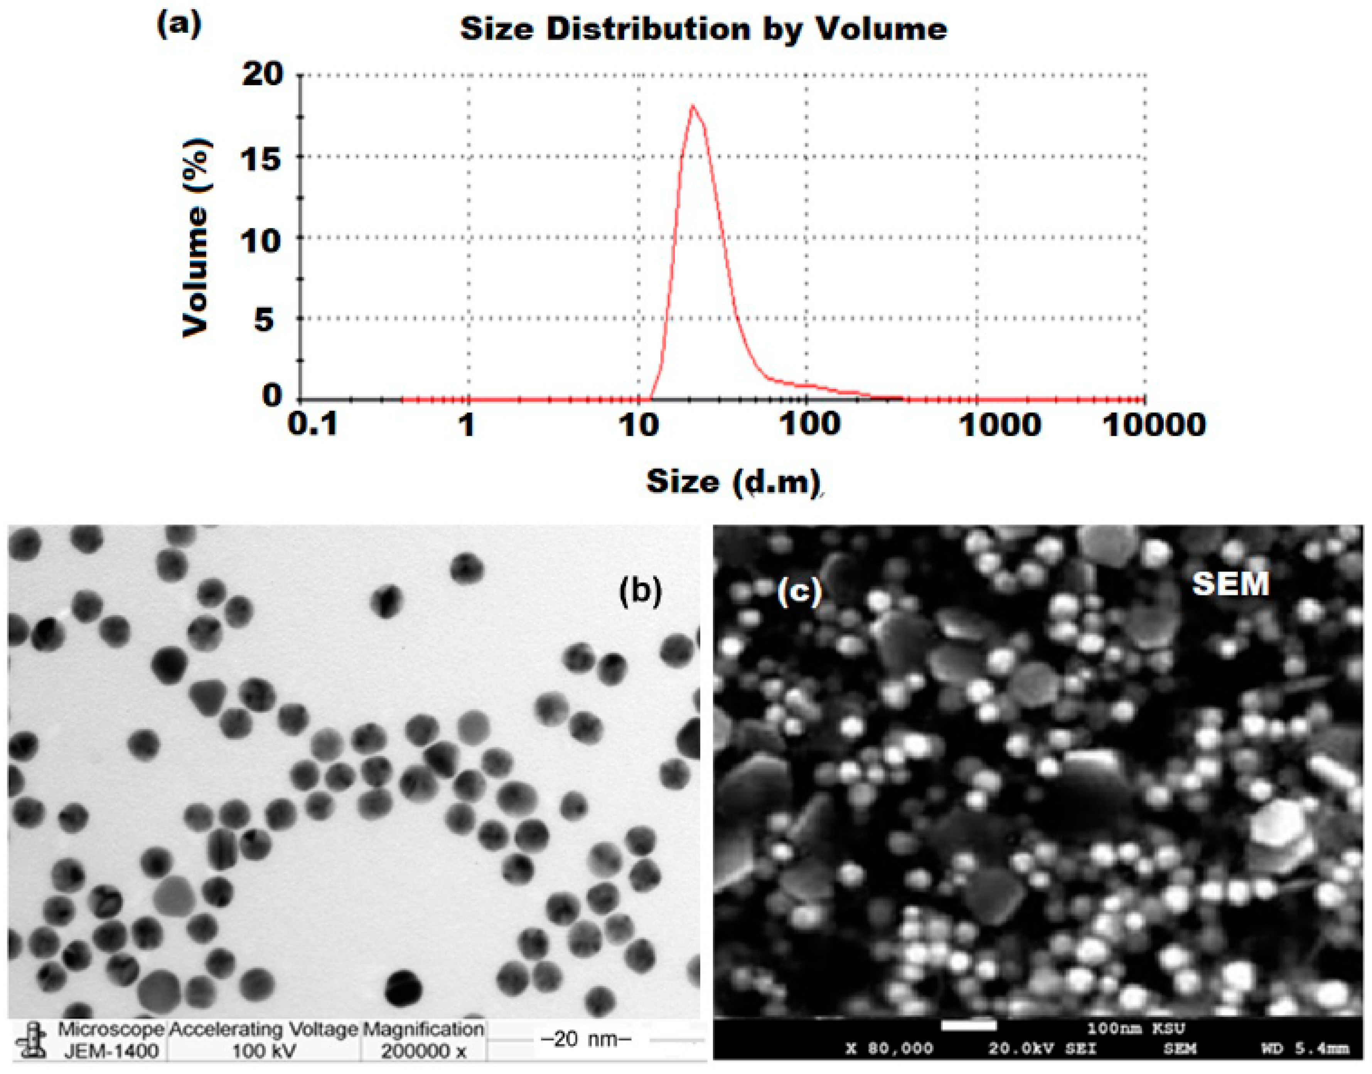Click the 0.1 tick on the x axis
pyautogui.click(x=313, y=424)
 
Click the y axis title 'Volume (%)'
pyautogui.click(x=196, y=238)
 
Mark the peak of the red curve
pyautogui.click(x=693, y=106)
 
